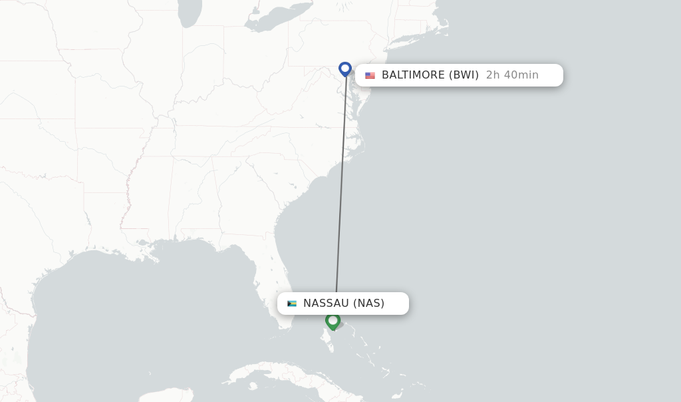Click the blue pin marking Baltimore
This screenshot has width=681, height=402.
tap(344, 69)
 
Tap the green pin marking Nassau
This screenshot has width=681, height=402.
tap(333, 321)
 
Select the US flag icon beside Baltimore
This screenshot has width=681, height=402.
tap(370, 76)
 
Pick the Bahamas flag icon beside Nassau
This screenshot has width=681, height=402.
tap(292, 303)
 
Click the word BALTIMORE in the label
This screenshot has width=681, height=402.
tap(413, 75)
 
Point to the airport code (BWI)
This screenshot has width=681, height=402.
tap(464, 75)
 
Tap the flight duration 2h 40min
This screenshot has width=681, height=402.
tap(512, 75)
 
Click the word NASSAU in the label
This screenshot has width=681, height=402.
tap(326, 303)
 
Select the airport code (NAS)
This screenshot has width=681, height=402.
tap(368, 303)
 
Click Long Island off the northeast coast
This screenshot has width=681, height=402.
tap(407, 43)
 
